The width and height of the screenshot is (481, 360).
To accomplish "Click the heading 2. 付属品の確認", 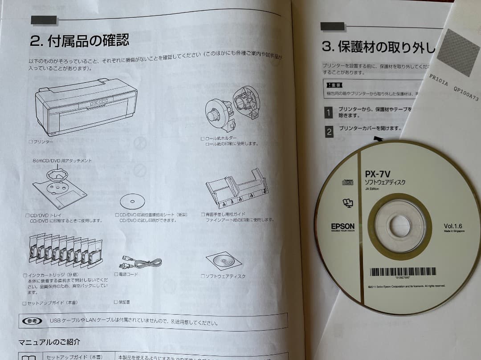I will coord(79,42).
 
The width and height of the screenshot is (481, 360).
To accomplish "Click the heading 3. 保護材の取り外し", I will coord(378,47).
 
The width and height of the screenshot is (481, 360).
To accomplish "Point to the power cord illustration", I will coord(140,262).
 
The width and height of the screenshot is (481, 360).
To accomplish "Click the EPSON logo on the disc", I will coord(343,227).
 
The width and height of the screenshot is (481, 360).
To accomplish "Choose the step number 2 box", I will coord(329,132).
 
